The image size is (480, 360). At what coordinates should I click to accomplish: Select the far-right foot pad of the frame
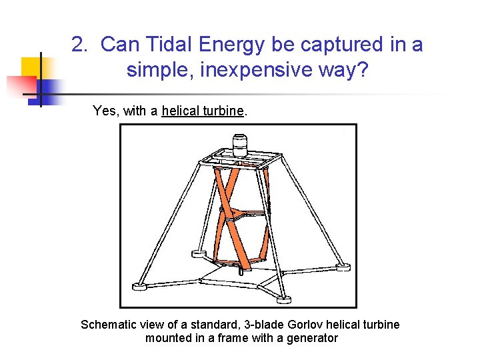342,267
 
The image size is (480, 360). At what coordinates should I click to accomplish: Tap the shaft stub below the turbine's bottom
241,271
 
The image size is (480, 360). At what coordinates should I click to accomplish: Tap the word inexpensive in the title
228,70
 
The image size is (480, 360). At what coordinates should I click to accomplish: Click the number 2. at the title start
80,45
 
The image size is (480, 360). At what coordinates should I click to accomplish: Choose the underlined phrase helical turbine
203,111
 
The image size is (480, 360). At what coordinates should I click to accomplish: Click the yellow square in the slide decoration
31,67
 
